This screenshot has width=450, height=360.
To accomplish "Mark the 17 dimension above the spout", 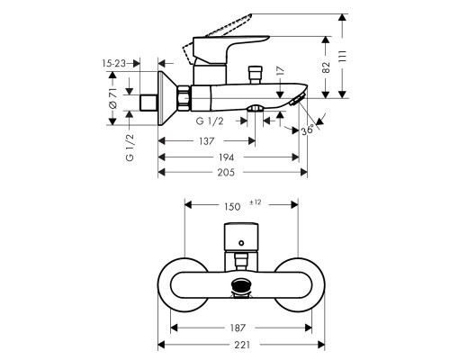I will [280, 70].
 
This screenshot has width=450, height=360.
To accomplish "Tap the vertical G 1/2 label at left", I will [129, 146].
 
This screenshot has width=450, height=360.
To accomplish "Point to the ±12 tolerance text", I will [256, 202].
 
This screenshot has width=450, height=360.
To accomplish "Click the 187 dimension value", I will [238, 328].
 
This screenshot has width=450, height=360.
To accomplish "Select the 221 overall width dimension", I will [238, 345].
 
